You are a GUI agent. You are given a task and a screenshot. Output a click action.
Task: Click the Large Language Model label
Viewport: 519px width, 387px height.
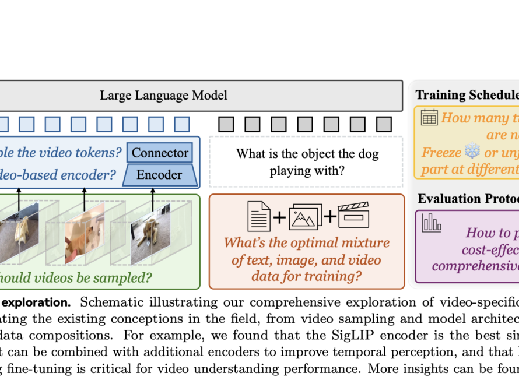[163, 95]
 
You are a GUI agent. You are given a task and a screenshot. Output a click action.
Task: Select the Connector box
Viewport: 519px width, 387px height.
[160, 153]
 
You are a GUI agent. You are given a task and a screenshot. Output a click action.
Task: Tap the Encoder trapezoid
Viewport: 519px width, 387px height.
[159, 174]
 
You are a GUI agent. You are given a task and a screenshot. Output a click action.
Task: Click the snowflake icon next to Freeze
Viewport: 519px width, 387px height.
[471, 153]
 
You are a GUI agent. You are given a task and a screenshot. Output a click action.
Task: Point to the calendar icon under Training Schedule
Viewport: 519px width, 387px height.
[429, 117]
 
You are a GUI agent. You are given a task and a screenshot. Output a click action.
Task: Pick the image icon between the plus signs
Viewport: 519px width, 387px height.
[305, 216]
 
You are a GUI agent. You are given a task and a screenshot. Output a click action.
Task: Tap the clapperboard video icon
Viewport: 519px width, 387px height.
[354, 215]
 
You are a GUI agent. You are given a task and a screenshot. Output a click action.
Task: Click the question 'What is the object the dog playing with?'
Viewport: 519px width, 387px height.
[307, 162]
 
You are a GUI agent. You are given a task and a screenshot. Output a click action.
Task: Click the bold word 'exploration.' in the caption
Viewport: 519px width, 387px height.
[36, 302]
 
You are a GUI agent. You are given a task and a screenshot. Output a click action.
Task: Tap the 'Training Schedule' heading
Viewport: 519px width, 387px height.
[467, 95]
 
